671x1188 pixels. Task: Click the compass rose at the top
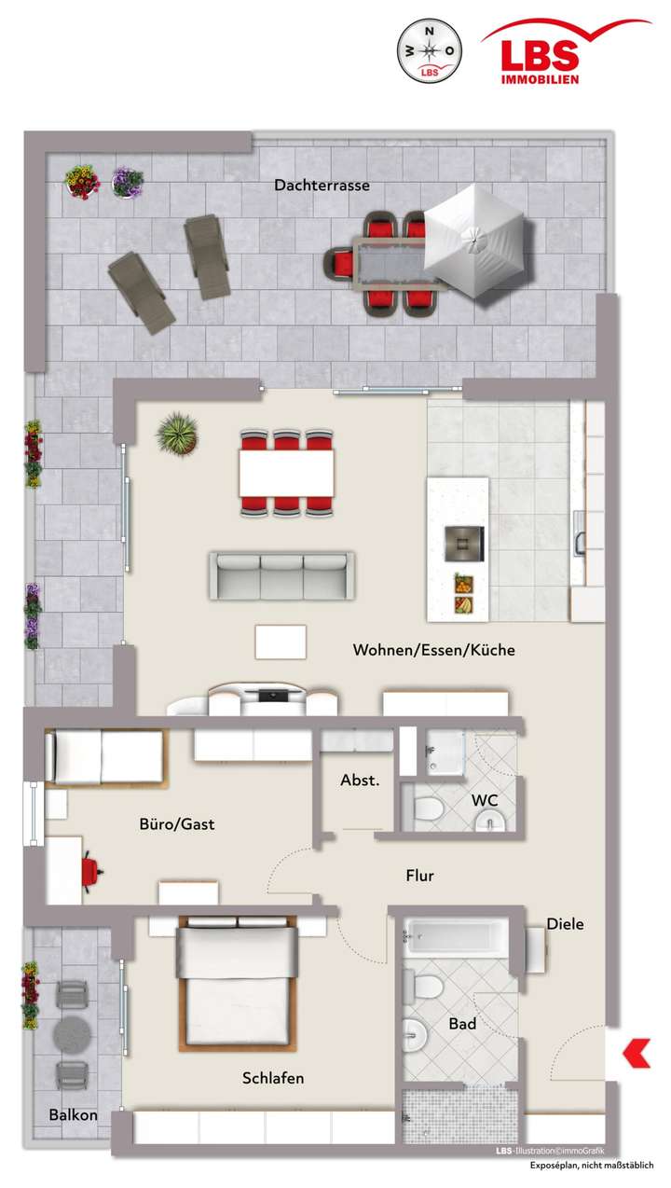click(x=430, y=51)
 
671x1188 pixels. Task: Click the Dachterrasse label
click(x=322, y=186)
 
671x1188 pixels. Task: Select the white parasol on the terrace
click(x=474, y=241)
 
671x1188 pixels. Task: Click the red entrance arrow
click(x=637, y=1053)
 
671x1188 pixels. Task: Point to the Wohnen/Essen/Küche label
click(x=433, y=650)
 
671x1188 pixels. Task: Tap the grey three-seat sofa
click(x=281, y=574)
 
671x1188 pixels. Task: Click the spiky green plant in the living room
click(x=176, y=434)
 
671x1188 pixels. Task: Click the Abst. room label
click(x=360, y=780)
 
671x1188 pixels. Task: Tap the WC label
click(x=485, y=800)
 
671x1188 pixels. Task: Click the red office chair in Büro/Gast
click(x=90, y=870)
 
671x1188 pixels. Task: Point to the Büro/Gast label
click(x=177, y=823)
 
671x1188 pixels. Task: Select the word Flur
click(x=419, y=876)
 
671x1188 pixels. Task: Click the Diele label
click(x=565, y=924)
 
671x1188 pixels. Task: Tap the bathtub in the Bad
click(x=456, y=935)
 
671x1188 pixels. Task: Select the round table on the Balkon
click(x=72, y=1033)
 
